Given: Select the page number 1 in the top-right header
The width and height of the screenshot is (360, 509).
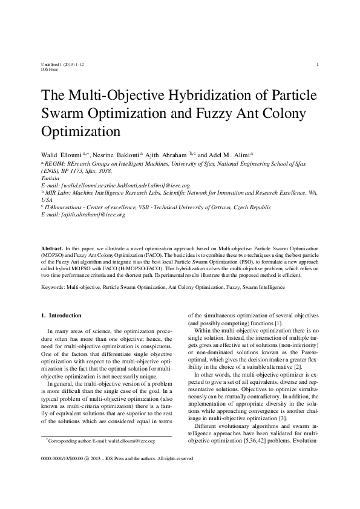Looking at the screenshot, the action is pos(318,64).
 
